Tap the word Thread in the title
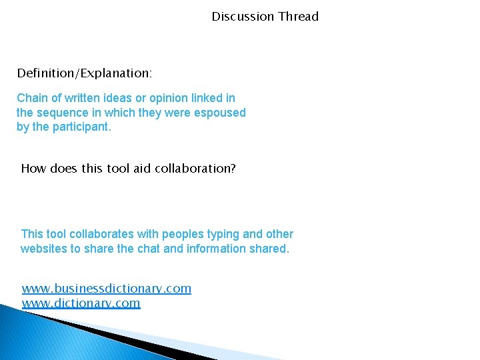tap(298, 16)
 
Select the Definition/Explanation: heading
tap(85, 72)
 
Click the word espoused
tap(219, 113)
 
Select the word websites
tap(43, 249)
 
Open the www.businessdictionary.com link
tap(106, 289)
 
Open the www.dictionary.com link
tap(81, 303)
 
